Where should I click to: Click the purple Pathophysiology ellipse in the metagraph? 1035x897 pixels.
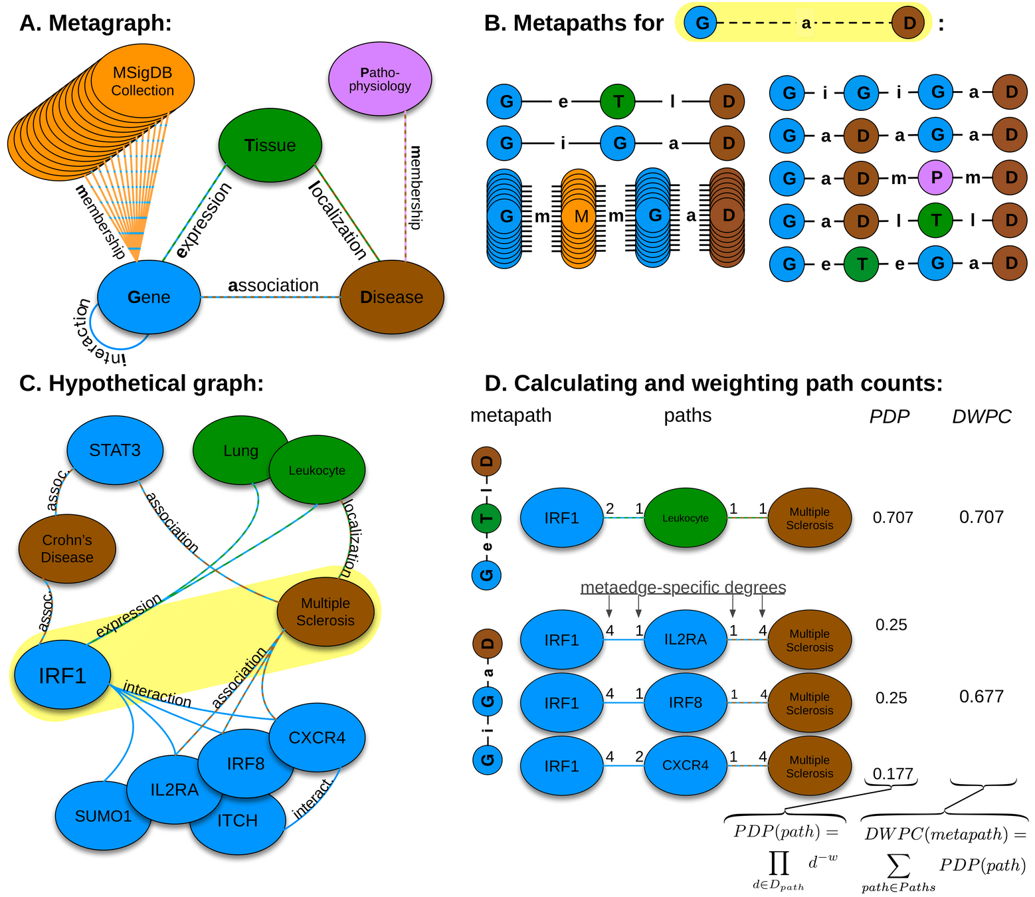click(380, 79)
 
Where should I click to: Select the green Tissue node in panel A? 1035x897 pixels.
click(270, 145)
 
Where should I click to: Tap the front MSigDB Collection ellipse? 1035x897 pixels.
click(142, 82)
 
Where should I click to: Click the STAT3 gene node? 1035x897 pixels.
click(115, 450)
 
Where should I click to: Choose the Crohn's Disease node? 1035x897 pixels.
click(67, 549)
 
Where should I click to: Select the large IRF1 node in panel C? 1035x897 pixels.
click(62, 676)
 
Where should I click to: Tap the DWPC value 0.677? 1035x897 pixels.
click(981, 696)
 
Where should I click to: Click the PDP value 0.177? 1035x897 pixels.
click(893, 773)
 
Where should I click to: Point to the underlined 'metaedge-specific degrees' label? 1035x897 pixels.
click(683, 587)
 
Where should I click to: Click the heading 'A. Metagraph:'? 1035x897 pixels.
click(96, 23)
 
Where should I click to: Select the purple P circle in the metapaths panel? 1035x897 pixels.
click(937, 178)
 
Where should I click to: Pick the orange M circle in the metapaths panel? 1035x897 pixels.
click(581, 217)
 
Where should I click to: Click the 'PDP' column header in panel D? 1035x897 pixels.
click(890, 417)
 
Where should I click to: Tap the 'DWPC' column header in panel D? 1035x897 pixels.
click(981, 417)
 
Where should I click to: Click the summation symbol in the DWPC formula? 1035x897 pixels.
click(898, 866)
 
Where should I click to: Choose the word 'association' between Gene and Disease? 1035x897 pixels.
click(273, 285)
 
